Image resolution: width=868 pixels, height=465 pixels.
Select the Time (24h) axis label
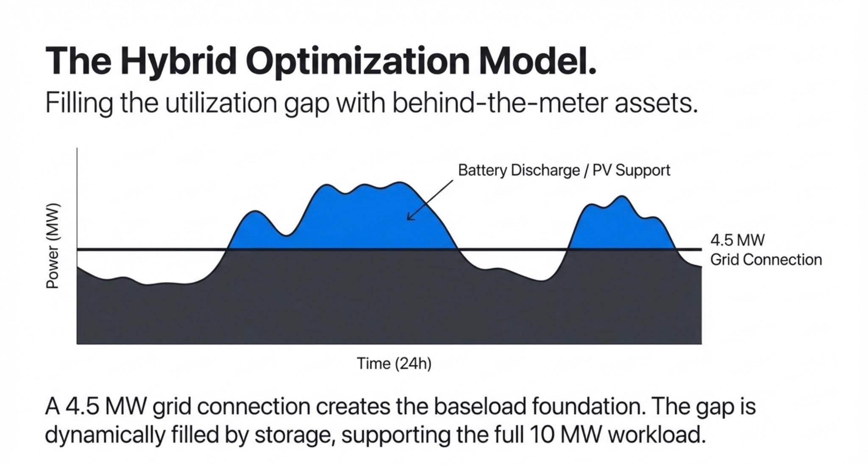click(394, 364)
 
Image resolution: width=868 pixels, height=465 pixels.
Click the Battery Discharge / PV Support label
click(564, 170)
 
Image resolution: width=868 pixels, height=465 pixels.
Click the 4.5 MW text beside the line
click(737, 240)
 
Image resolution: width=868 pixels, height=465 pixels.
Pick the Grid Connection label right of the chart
click(766, 260)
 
